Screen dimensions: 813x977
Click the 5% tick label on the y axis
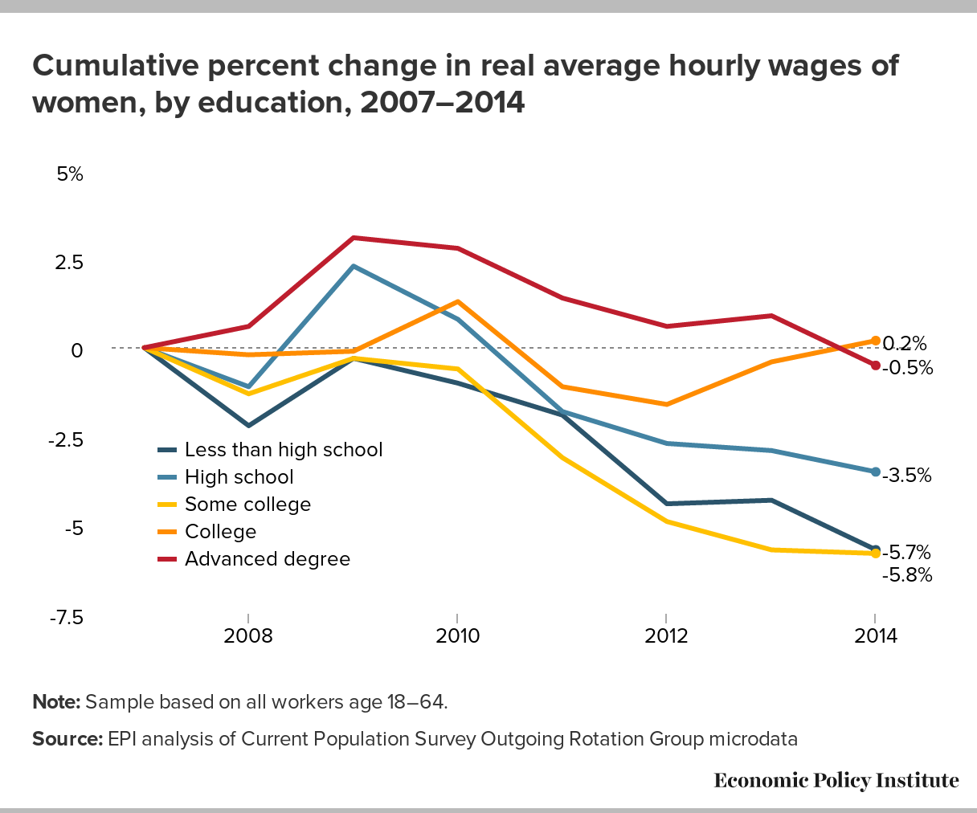coord(70,174)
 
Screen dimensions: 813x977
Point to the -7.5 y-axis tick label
coord(66,617)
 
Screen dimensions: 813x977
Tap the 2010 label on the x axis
coord(457,636)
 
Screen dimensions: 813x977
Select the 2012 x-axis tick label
coord(666,636)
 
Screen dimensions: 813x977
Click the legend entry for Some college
coord(247,505)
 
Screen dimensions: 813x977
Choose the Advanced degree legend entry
coord(268,559)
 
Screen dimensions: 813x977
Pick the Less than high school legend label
coord(284,450)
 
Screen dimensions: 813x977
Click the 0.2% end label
coord(905,344)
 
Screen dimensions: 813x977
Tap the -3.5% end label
coord(907,476)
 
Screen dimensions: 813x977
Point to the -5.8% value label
coord(907,575)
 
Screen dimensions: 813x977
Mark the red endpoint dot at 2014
coord(875,366)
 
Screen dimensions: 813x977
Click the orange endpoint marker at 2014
coord(875,341)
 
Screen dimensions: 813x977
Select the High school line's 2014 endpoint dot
coord(875,472)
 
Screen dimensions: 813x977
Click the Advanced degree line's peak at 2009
coord(353,238)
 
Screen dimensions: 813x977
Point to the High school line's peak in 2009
coord(353,266)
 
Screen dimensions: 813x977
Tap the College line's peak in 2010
coord(457,301)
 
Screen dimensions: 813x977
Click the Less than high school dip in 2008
coord(248,425)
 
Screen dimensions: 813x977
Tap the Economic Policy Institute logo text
coord(836,780)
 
